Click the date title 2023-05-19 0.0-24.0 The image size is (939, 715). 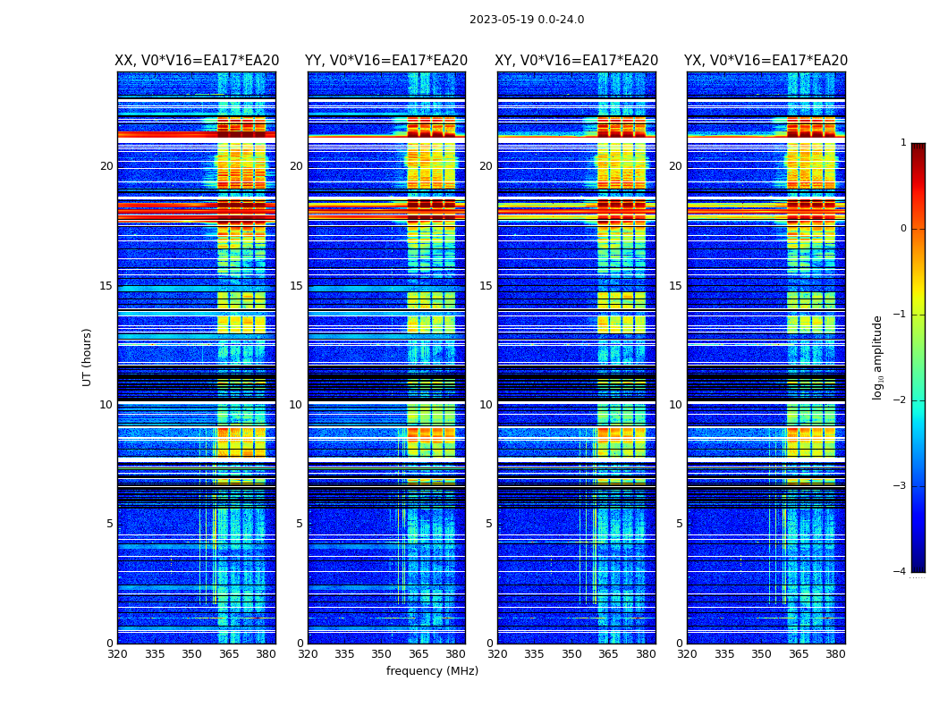tap(527, 20)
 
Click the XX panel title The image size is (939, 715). tap(197, 61)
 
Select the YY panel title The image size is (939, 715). tap(386, 61)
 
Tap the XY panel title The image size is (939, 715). tap(577, 61)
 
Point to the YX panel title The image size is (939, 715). tap(766, 61)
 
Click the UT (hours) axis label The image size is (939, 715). tap(87, 357)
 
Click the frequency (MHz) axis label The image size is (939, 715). tap(432, 671)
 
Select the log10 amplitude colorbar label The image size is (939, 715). tap(878, 357)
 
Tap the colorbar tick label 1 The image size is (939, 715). tap(902, 143)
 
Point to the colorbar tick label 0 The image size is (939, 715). tap(902, 229)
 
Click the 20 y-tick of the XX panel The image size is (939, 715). tap(106, 166)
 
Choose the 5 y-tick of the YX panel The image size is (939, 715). tap(679, 524)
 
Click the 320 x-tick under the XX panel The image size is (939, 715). tap(117, 654)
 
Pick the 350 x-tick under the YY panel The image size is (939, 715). tap(382, 654)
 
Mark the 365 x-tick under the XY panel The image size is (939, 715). tap(608, 654)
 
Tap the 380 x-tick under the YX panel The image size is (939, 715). tap(835, 654)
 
